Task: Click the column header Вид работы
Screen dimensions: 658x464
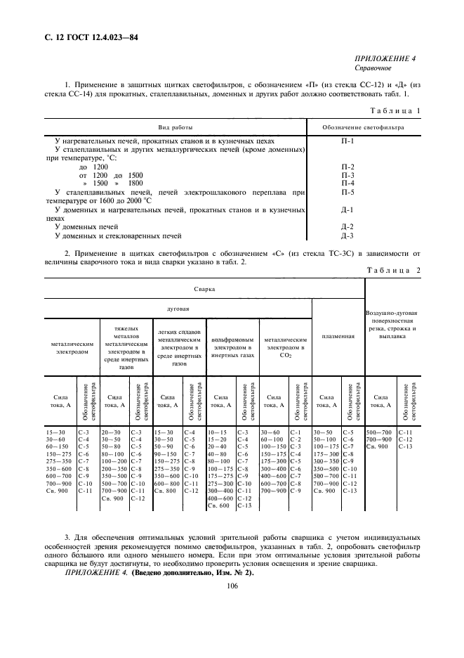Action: coord(175,127)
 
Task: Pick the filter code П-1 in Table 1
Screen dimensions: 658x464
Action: coord(347,141)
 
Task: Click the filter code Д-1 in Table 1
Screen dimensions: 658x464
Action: coord(347,209)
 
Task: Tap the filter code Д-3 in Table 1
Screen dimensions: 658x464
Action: coord(347,236)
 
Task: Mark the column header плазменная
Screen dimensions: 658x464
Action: coord(338,337)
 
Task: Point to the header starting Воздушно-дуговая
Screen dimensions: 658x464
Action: coord(392,312)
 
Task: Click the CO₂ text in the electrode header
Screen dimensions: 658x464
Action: coord(284,356)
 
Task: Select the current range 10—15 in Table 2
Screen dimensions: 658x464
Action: coord(218,432)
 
